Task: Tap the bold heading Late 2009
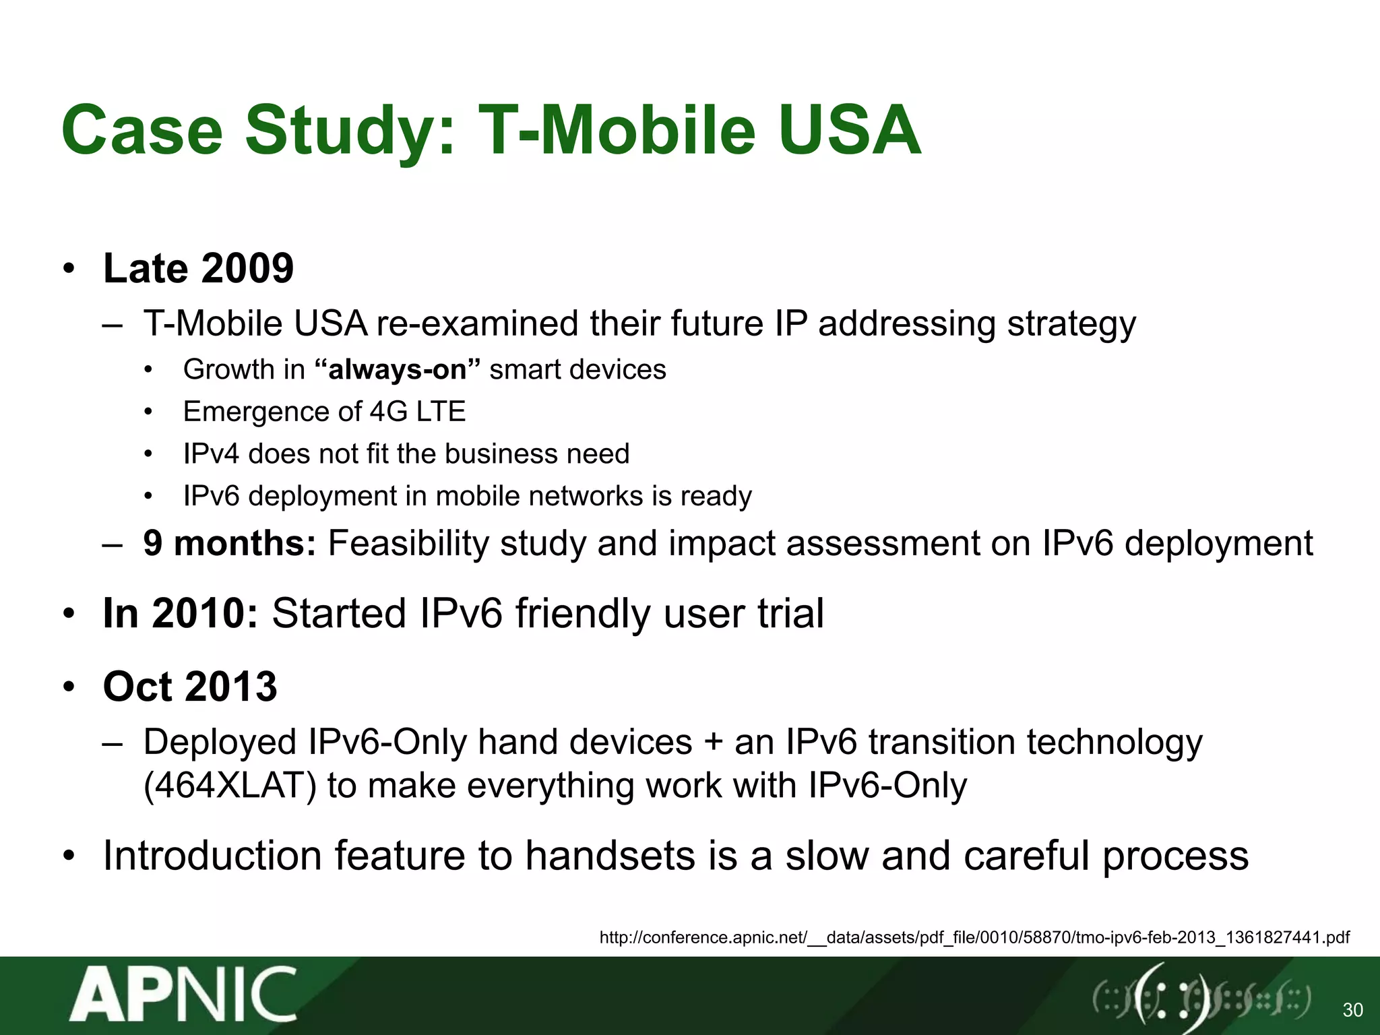point(198,268)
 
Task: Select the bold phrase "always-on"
point(398,369)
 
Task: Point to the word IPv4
point(211,453)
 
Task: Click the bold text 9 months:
point(229,543)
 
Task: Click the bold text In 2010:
point(180,614)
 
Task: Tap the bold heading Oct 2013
point(190,687)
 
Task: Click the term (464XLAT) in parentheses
point(230,786)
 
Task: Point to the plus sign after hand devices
point(713,743)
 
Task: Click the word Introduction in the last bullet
point(212,856)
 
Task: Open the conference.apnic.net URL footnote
point(974,937)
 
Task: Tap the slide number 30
point(1352,1009)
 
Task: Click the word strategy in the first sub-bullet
point(1071,324)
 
